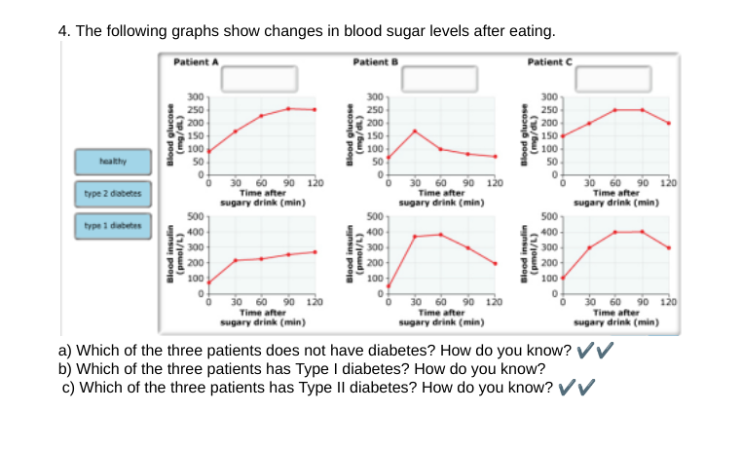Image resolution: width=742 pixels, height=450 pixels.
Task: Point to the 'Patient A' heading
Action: point(196,61)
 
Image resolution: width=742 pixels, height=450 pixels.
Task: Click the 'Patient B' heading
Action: point(373,61)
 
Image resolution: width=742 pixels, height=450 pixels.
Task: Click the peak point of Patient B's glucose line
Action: point(414,131)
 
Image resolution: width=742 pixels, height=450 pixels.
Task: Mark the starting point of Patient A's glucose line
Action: point(208,151)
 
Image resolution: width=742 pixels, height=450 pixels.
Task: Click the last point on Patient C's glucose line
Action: point(668,123)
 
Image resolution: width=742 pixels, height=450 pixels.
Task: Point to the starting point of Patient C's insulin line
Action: point(563,278)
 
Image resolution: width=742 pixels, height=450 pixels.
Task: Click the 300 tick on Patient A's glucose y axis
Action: point(196,97)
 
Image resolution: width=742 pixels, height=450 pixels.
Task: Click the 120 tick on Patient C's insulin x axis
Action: point(668,303)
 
